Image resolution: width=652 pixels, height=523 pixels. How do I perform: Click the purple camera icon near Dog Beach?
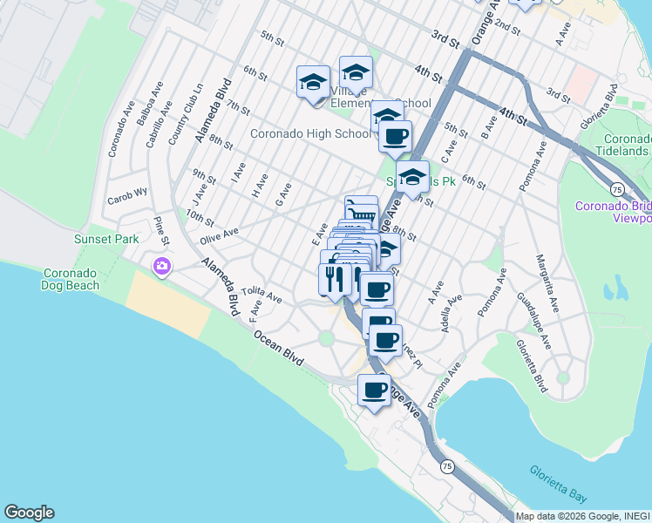(x=161, y=266)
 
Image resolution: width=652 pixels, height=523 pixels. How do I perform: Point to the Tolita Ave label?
(x=262, y=293)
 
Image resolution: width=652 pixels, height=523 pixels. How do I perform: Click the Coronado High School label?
(x=310, y=134)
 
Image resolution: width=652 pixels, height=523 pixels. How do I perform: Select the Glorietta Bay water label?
(x=559, y=484)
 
